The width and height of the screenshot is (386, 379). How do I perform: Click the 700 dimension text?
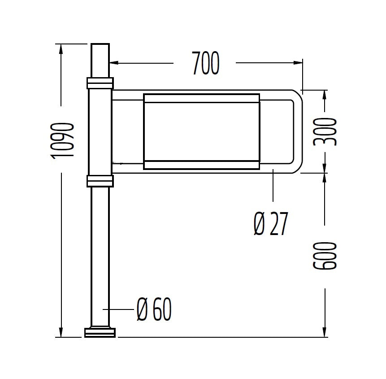(x=206, y=63)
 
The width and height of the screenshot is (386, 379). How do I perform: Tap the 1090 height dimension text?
(x=62, y=140)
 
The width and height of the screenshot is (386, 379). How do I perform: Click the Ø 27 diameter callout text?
(x=270, y=224)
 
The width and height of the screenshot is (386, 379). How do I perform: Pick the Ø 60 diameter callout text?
(x=154, y=309)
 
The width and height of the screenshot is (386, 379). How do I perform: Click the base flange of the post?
(x=100, y=332)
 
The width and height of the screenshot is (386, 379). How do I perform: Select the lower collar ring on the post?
(x=100, y=181)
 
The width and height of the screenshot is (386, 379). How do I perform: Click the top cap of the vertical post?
(x=100, y=45)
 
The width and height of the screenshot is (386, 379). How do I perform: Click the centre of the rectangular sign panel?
(x=201, y=131)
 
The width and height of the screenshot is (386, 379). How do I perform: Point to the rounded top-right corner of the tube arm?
(x=297, y=96)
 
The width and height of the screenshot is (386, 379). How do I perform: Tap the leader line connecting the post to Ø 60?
(x=119, y=309)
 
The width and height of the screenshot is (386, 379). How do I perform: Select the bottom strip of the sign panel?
(x=201, y=165)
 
